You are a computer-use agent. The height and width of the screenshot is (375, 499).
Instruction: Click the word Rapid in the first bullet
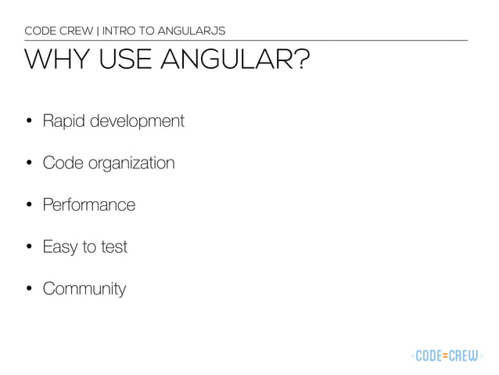pyautogui.click(x=63, y=122)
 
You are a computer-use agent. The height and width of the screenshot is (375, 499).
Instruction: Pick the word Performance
pyautogui.click(x=88, y=205)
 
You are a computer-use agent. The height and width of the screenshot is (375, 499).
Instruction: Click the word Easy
pyautogui.click(x=59, y=247)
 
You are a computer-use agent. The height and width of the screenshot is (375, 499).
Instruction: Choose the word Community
pyautogui.click(x=84, y=289)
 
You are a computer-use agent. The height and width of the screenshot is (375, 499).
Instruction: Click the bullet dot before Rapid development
pyautogui.click(x=29, y=122)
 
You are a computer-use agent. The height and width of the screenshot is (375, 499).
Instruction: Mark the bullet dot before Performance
pyautogui.click(x=29, y=205)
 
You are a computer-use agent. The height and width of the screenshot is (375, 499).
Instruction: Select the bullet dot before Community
pyautogui.click(x=29, y=289)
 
